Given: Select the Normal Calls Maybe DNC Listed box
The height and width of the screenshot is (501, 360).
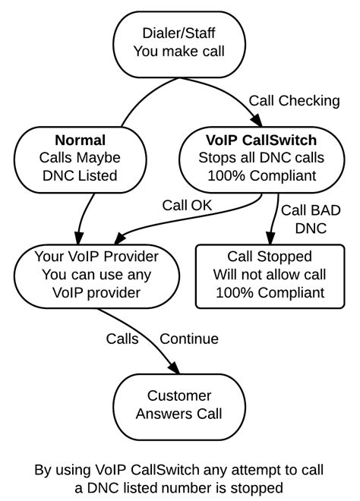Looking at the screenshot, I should point(80,158).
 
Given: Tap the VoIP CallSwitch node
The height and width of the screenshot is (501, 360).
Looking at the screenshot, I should point(262,158).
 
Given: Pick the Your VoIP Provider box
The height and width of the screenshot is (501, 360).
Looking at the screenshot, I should point(97,274).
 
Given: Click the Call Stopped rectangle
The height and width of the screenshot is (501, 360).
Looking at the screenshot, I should point(270,274).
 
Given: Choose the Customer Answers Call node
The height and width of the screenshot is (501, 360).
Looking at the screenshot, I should point(179,405).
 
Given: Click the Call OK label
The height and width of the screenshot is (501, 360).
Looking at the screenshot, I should point(187,204).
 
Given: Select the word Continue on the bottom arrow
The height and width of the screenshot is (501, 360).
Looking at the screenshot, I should point(189,339).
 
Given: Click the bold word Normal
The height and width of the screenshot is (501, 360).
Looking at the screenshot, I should point(80,140).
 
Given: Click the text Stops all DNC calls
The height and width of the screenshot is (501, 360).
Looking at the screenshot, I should point(262,158).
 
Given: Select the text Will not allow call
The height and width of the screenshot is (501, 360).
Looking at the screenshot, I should point(270,274).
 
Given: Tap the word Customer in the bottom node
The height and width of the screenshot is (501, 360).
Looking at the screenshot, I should point(179,395).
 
